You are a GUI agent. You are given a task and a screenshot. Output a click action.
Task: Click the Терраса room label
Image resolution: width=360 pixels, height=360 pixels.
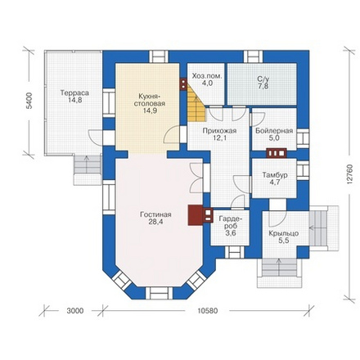tap(74, 92)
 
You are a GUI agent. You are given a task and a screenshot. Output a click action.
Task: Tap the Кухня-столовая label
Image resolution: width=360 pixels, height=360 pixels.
tap(150, 100)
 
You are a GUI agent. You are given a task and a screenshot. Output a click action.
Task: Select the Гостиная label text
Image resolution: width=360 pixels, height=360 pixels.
tap(155, 214)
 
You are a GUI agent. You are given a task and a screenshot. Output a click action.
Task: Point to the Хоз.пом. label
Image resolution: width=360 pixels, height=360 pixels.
tap(207, 76)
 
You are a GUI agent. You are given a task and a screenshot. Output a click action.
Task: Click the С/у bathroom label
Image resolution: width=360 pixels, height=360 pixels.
tap(263, 79)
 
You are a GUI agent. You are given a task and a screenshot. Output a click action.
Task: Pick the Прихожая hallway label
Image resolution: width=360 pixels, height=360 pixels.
tap(219, 131)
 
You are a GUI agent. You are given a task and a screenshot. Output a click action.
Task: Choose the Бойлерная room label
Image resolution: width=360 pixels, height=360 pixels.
tap(274, 131)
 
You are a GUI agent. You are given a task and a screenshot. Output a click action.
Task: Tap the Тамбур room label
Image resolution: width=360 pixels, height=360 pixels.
tap(275, 175)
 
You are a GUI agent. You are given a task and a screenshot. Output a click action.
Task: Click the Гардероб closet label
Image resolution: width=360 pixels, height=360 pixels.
tap(231, 223)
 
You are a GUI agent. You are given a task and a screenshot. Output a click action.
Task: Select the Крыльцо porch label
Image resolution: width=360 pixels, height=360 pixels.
tap(284, 233)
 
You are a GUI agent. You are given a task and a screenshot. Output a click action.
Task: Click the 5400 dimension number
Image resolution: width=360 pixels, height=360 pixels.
tap(29, 101)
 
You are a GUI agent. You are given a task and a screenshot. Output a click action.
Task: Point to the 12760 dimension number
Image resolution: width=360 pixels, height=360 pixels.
tap(349, 175)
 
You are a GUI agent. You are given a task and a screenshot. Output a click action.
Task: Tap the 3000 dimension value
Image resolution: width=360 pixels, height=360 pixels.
tap(75, 311)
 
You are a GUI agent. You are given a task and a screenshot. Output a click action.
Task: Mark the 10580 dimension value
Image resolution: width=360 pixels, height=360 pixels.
tap(208, 311)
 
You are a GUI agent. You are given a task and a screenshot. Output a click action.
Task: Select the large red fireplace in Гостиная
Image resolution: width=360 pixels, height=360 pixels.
tap(196, 215)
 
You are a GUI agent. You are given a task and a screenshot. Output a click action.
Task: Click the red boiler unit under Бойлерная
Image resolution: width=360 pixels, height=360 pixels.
tap(277, 153)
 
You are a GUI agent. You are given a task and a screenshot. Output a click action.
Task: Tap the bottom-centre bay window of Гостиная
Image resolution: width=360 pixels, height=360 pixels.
tap(160, 293)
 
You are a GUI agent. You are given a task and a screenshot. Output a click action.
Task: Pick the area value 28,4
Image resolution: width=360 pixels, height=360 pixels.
tap(156, 222)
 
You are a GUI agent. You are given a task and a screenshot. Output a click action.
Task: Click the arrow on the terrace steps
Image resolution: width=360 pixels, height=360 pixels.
tap(87, 164)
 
